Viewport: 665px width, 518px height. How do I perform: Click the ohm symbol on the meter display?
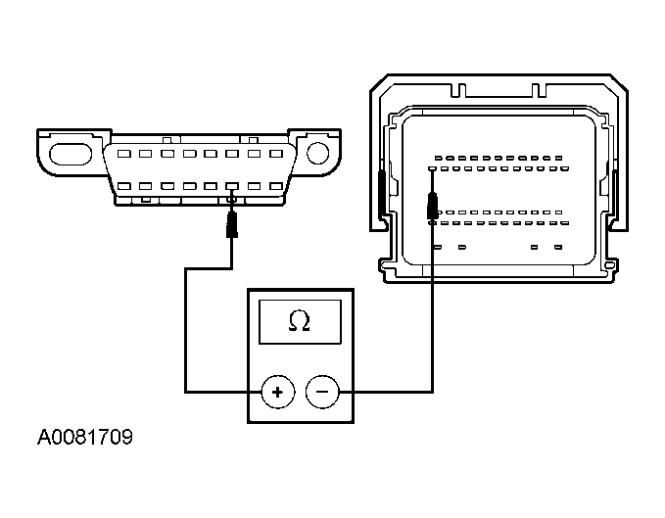tap(300, 321)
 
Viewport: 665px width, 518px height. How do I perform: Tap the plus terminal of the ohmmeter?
tap(278, 393)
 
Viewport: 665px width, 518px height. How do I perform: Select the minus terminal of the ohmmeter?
tap(322, 393)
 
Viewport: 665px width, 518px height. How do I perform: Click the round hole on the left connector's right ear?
tap(316, 153)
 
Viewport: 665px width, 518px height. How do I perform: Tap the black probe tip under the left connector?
tap(232, 222)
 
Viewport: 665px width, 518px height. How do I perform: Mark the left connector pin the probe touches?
tap(232, 186)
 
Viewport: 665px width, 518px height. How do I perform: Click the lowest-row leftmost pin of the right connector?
tap(435, 247)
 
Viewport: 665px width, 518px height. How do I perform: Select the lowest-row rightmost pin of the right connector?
tap(560, 247)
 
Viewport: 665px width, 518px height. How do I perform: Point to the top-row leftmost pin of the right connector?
tap(439, 158)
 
